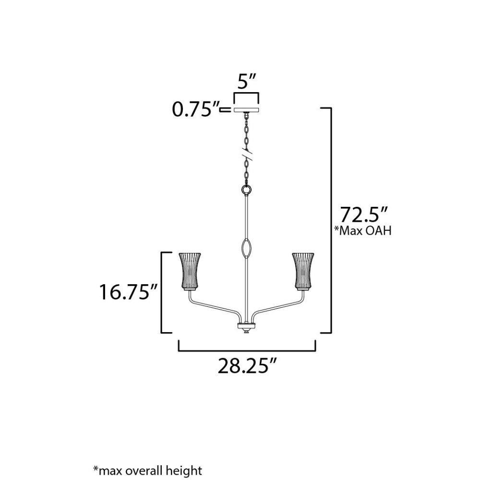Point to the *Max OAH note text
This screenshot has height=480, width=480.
pyautogui.click(x=363, y=230)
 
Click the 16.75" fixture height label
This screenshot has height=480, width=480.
pyautogui.click(x=128, y=292)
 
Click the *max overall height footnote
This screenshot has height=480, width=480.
pyautogui.click(x=147, y=470)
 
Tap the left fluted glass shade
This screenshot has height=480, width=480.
pyautogui.click(x=190, y=271)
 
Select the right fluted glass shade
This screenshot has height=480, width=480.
pyautogui.click(x=303, y=271)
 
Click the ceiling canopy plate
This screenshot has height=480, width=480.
pyautogui.click(x=246, y=110)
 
